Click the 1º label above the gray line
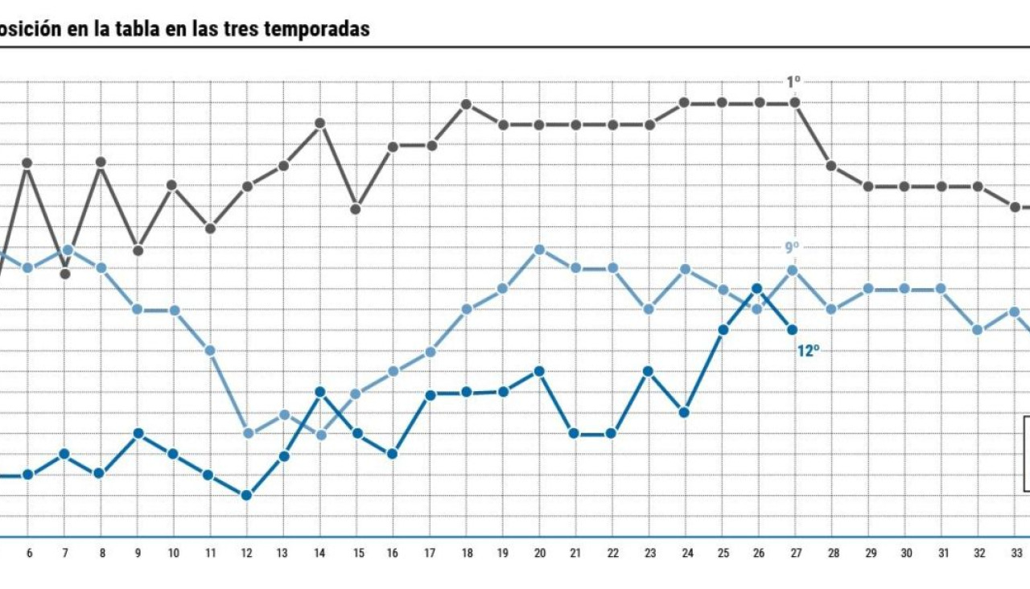click(793, 82)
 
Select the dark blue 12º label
click(808, 351)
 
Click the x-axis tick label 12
click(247, 554)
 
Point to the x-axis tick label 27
click(794, 554)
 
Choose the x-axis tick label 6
click(29, 554)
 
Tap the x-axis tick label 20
click(539, 554)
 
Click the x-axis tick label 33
click(1016, 554)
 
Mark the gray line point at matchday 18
click(466, 105)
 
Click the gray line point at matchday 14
click(319, 123)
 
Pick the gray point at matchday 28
click(831, 166)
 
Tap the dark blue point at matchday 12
click(247, 495)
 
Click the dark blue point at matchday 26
click(757, 288)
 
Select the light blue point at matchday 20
click(539, 249)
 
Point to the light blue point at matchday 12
click(249, 433)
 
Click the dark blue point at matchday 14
click(319, 392)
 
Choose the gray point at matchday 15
click(356, 209)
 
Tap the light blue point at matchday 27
click(793, 270)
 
